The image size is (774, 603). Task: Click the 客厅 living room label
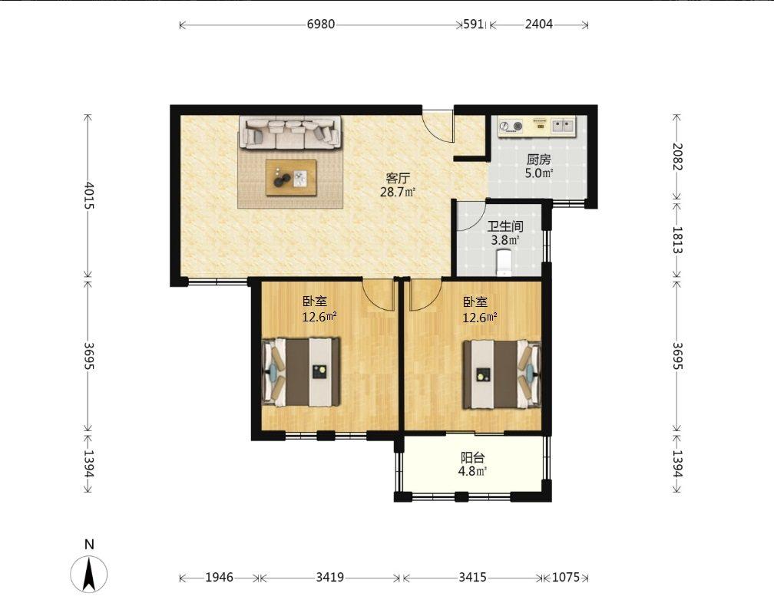[x=398, y=178]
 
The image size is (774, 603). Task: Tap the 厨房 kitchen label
[x=538, y=160]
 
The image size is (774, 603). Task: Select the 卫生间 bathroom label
[x=505, y=226]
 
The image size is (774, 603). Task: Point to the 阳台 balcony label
[x=472, y=457]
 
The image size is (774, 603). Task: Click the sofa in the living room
[x=290, y=132]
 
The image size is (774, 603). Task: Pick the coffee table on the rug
[x=291, y=177]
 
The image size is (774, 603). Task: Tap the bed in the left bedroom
[x=301, y=372]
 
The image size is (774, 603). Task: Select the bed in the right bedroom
[x=501, y=374]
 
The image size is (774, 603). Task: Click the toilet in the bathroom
[x=504, y=262]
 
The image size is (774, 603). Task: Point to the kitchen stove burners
[x=511, y=127]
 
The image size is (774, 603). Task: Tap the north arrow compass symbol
[x=89, y=573]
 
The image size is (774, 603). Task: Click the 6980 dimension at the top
[x=321, y=24]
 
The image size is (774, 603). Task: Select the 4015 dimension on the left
[x=88, y=196]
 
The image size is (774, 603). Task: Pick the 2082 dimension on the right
[x=676, y=157]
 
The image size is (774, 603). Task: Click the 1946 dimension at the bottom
[x=219, y=577]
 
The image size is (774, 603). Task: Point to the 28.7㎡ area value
[x=398, y=193]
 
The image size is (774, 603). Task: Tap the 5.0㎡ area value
[x=538, y=173]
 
